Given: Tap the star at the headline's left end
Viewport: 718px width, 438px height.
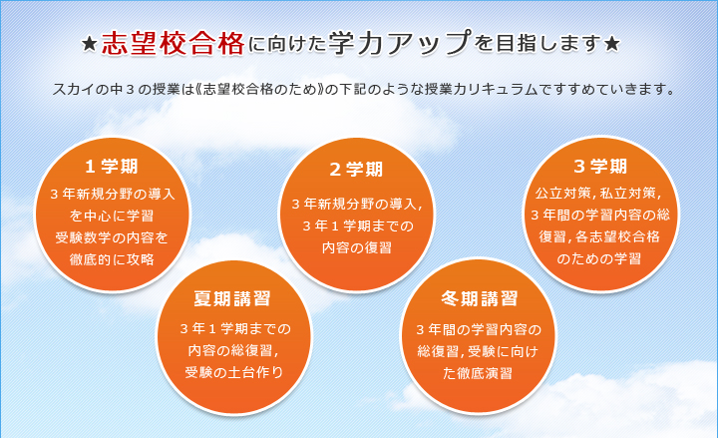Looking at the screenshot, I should click(89, 45).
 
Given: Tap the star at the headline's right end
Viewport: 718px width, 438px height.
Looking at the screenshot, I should click(613, 45).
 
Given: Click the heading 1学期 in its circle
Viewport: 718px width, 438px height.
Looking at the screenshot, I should click(112, 166).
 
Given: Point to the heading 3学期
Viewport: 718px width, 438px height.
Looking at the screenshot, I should click(600, 165).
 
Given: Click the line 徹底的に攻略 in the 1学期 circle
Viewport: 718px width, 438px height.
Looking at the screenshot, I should click(113, 259).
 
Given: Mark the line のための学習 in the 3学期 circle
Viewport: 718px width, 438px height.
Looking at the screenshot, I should click(599, 258).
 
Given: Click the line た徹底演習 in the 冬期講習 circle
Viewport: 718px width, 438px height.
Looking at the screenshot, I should click(479, 372).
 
